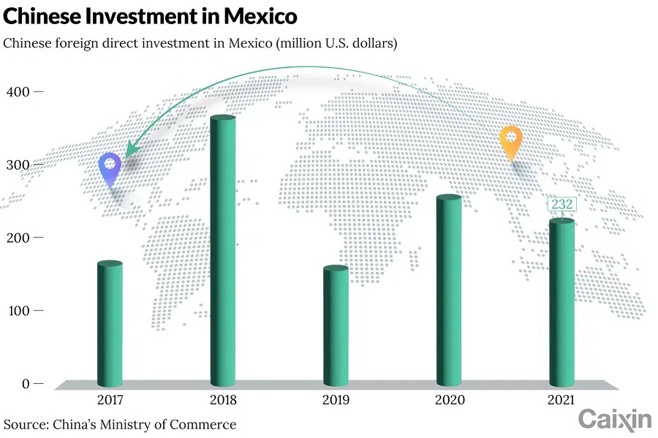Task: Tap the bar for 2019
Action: (x=336, y=326)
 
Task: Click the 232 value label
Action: (x=562, y=205)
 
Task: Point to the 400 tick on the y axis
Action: (x=17, y=91)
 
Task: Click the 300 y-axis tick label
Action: (x=17, y=165)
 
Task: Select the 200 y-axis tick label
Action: (x=17, y=238)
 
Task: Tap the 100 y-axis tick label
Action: (x=17, y=311)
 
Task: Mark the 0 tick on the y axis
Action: (x=24, y=384)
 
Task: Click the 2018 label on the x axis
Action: (x=223, y=400)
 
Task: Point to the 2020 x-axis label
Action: (x=449, y=400)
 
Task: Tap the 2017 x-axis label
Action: (x=110, y=400)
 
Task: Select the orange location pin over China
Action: (x=510, y=141)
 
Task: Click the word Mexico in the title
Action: (x=257, y=15)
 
